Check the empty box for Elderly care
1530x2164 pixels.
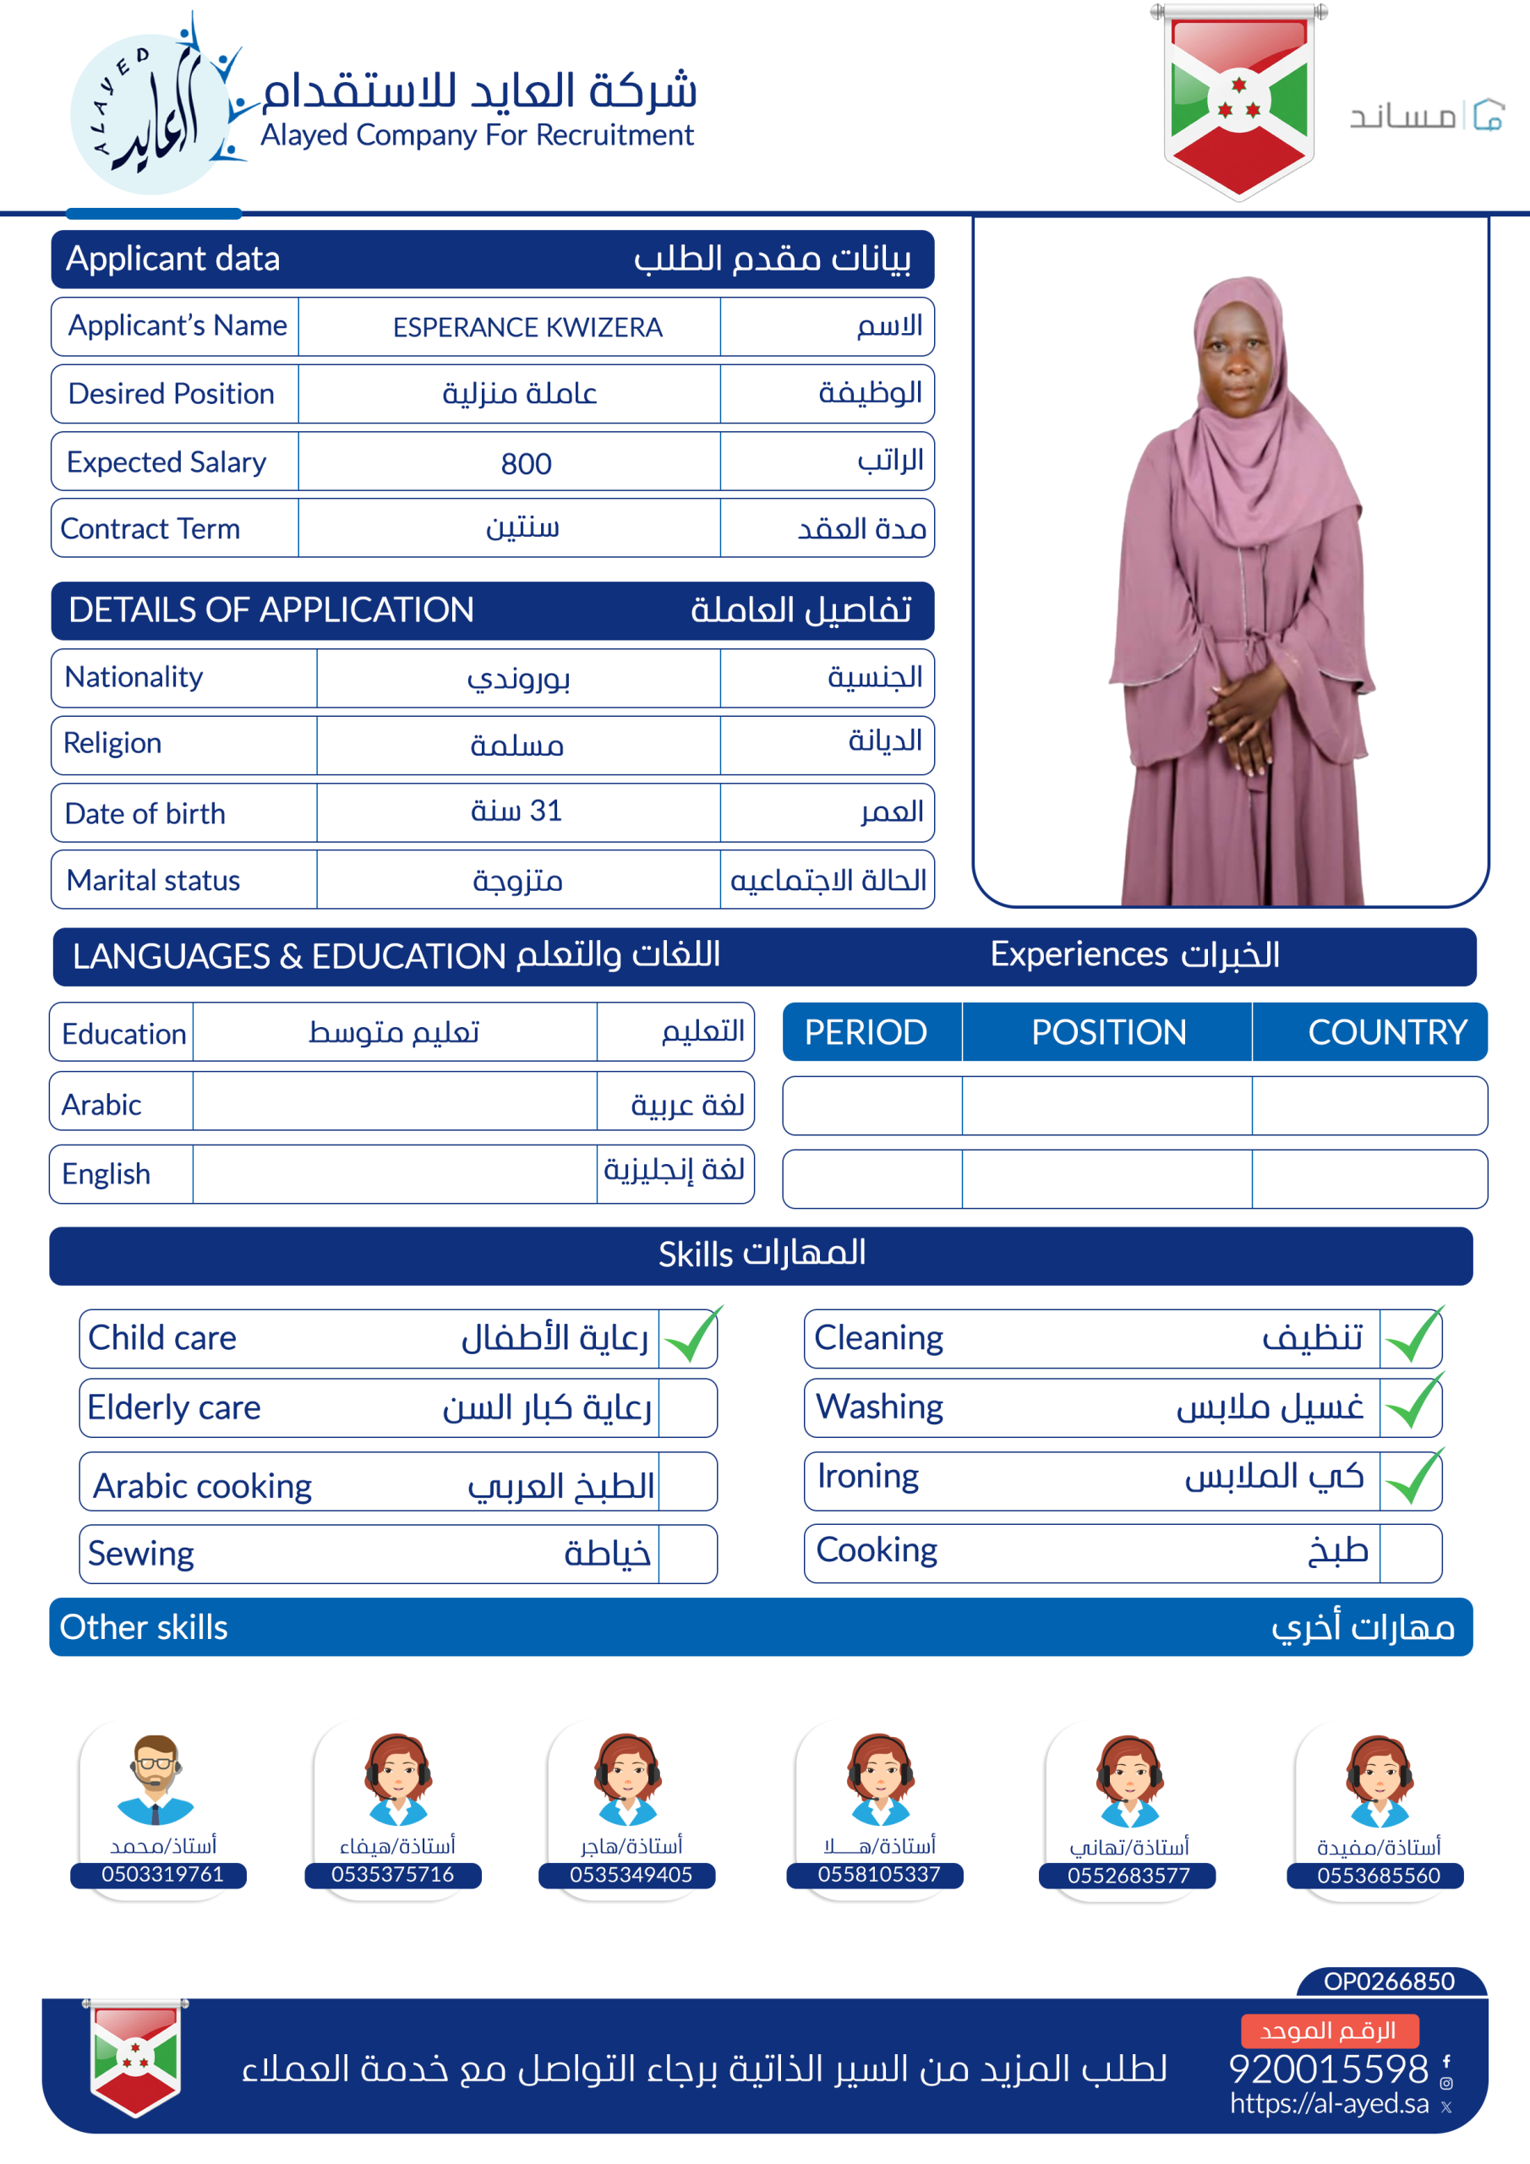tap(687, 1408)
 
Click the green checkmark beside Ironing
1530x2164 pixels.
tap(1413, 1478)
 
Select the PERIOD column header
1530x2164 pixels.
tap(866, 1032)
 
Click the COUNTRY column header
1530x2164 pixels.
tap(1386, 1032)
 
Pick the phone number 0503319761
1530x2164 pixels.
tap(162, 1875)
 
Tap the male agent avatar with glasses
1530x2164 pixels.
tap(156, 1778)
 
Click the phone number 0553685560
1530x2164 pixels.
tap(1378, 1876)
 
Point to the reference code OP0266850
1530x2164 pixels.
tap(1389, 1981)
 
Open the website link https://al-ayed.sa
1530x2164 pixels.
tap(1329, 2104)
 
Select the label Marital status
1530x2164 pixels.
tap(154, 880)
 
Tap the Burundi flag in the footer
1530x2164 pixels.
tap(136, 2058)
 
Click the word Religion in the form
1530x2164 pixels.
tap(112, 744)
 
